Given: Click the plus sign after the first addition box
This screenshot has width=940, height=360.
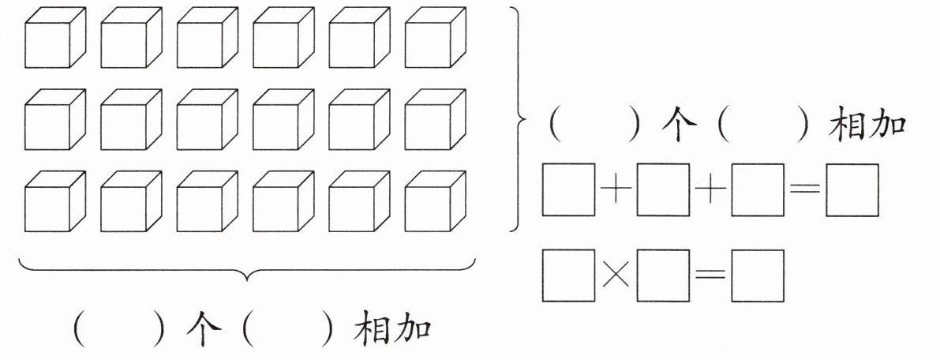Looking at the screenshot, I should point(616,190).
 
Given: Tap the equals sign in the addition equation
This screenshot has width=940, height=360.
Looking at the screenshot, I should point(805,190).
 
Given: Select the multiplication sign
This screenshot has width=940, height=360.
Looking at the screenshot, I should point(616,276).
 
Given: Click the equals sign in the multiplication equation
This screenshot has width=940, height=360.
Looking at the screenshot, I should point(710,276).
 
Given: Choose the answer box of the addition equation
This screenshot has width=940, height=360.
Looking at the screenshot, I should point(852,189).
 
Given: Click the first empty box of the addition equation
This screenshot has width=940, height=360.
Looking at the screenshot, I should point(568,189).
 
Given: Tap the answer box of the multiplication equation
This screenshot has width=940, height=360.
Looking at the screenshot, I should point(758,276).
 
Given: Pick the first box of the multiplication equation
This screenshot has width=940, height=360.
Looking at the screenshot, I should point(568,276).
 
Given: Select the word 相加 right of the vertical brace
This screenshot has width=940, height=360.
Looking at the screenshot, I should point(867,126).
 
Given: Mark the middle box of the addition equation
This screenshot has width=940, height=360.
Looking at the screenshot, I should point(663,189).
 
